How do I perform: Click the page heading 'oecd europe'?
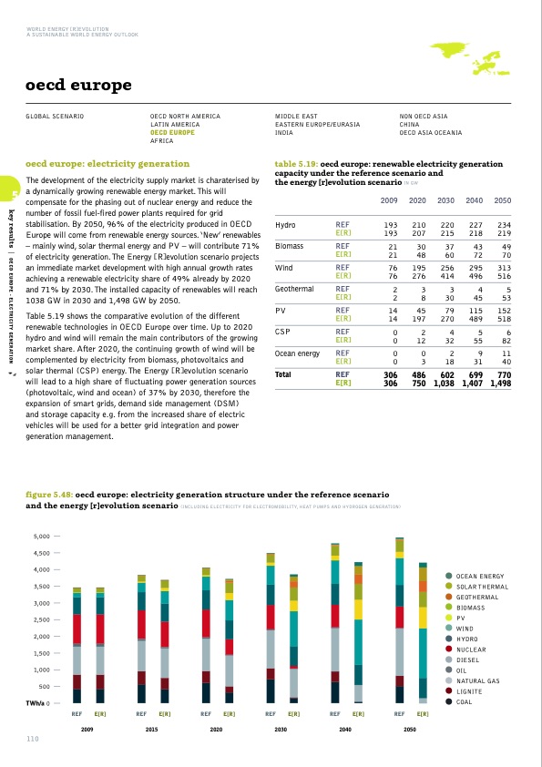(78, 87)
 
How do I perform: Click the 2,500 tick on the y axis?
(48, 619)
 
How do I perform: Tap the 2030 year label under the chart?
(281, 731)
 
